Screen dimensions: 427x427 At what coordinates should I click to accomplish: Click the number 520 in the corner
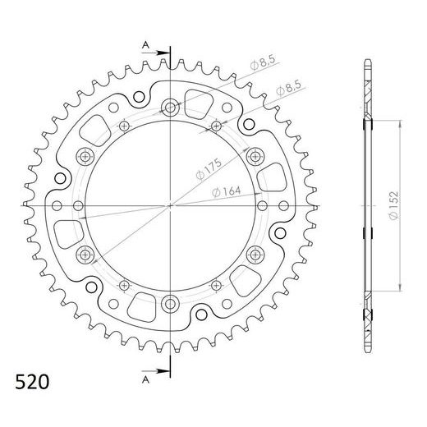[x=32, y=382]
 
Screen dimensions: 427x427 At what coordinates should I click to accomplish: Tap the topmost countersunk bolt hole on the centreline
[x=170, y=106]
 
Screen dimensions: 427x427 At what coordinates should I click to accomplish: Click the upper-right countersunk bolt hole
[x=255, y=155]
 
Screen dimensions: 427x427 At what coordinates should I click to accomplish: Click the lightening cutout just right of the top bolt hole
[x=199, y=102]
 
